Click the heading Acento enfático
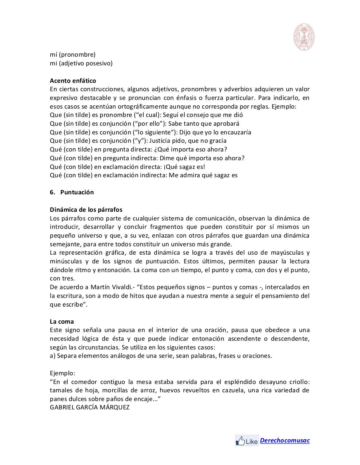pyautogui.click(x=73, y=81)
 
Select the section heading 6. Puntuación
pyautogui.click(x=72, y=192)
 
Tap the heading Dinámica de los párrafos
pyautogui.click(x=86, y=210)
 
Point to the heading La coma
pyautogui.click(x=62, y=322)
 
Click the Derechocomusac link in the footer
pyautogui.click(x=285, y=440)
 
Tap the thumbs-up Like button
pyautogui.click(x=247, y=441)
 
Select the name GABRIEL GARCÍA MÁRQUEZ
pyautogui.click(x=89, y=407)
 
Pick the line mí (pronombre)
pyautogui.click(x=72, y=54)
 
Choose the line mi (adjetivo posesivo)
pyautogui.click(x=81, y=63)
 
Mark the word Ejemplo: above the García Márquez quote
pyautogui.click(x=63, y=373)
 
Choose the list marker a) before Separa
pyautogui.click(x=52, y=356)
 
